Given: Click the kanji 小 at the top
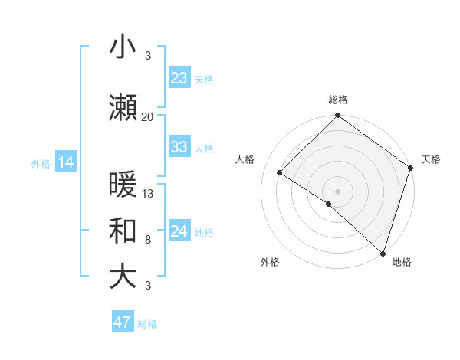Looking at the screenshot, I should [x=123, y=48].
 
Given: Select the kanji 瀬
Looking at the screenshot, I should [x=123, y=109].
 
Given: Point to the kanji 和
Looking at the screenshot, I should [x=123, y=231].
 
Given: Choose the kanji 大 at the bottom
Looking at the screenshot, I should [x=123, y=277].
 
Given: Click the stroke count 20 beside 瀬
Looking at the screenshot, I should [x=148, y=116].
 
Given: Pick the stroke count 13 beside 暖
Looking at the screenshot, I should [x=149, y=194].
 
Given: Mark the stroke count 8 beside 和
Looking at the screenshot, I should [x=148, y=240].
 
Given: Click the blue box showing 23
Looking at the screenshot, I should [x=179, y=78].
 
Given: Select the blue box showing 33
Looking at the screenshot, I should [x=179, y=147].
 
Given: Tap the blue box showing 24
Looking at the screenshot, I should [x=179, y=231].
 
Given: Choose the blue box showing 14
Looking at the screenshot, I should [x=65, y=162].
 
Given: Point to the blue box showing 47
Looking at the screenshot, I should [x=123, y=322].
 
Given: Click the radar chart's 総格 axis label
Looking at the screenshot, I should [x=338, y=100].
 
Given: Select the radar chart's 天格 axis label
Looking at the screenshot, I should [x=431, y=159].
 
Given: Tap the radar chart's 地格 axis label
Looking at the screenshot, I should [x=402, y=262].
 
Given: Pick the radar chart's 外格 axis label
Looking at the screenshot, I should [x=270, y=262].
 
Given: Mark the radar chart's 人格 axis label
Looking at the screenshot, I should [x=245, y=159].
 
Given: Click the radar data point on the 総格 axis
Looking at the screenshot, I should [x=338, y=116].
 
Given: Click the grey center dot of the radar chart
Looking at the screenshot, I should [x=338, y=191].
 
